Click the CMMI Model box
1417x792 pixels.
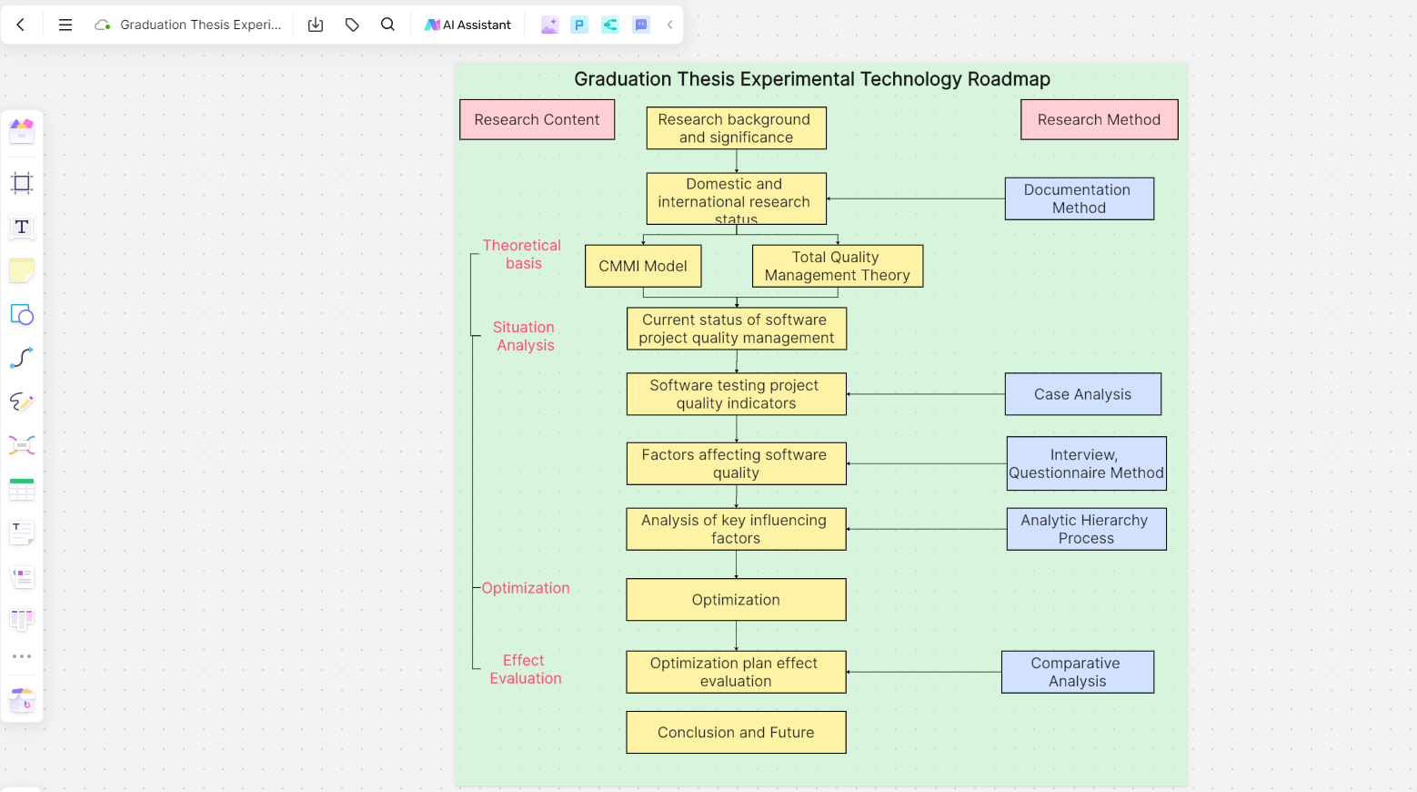pyautogui.click(x=643, y=266)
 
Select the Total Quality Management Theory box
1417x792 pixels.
pyautogui.click(x=837, y=266)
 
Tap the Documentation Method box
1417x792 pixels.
pyautogui.click(x=1079, y=198)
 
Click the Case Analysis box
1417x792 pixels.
pyautogui.click(x=1082, y=394)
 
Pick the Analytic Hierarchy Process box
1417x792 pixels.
pyautogui.click(x=1086, y=529)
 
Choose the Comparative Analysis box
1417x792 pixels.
pyautogui.click(x=1077, y=672)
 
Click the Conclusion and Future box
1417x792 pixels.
pyautogui.click(x=736, y=732)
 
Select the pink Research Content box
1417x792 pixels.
pyautogui.click(x=537, y=119)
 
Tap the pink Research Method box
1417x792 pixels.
pyautogui.click(x=1099, y=119)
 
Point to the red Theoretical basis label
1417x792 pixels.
pyautogui.click(x=522, y=254)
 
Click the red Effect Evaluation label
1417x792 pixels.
pyautogui.click(x=525, y=669)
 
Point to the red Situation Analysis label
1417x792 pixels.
pyautogui.click(x=525, y=336)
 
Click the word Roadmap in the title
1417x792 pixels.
pyautogui.click(x=1009, y=79)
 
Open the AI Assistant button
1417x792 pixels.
pyautogui.click(x=468, y=25)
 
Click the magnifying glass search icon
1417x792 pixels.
pyautogui.click(x=387, y=25)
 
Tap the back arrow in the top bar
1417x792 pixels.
pyautogui.click(x=21, y=25)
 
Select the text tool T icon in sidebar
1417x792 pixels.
pyautogui.click(x=22, y=227)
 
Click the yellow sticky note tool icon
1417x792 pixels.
pyautogui.click(x=22, y=270)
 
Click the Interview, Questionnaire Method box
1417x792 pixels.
pyautogui.click(x=1086, y=463)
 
